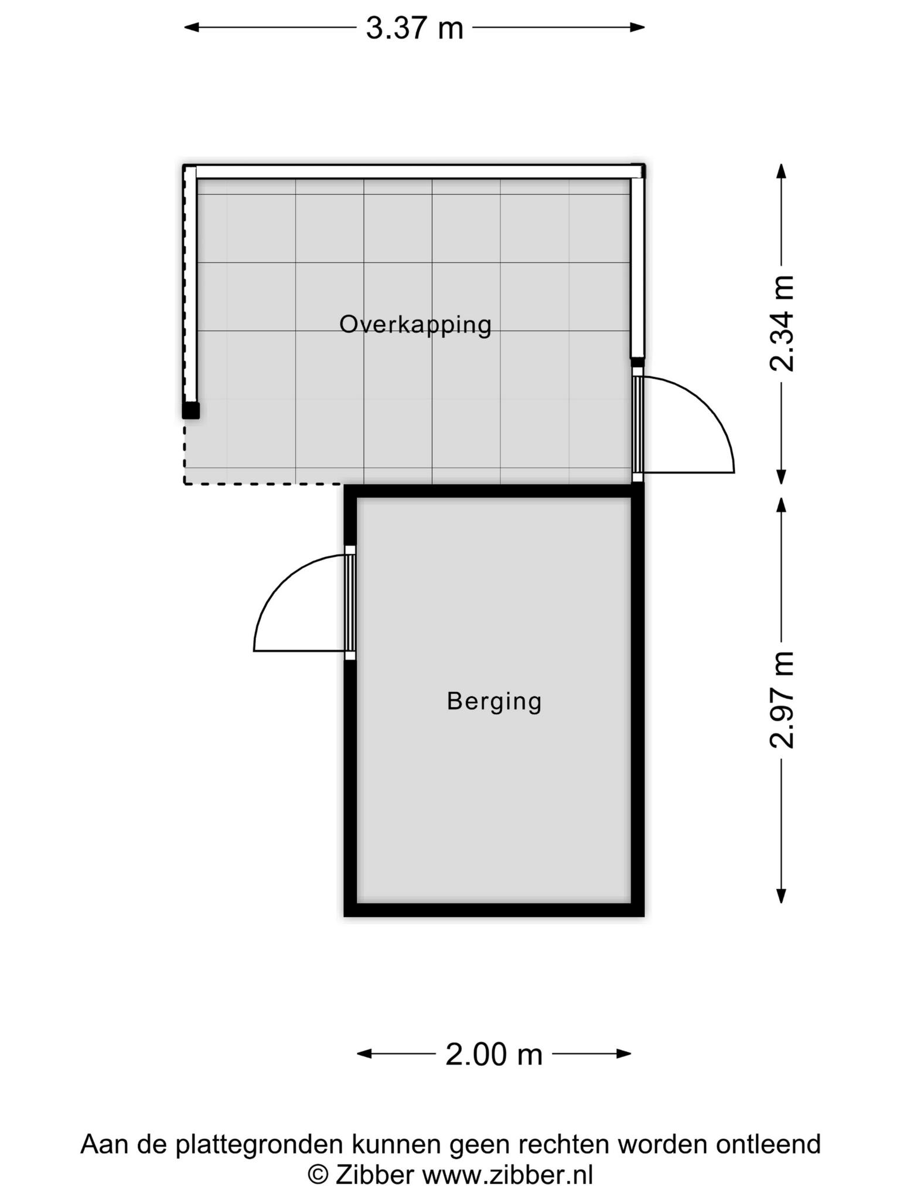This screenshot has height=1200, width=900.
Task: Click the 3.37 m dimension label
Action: [x=414, y=28]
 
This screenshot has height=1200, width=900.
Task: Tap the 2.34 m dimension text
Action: [x=782, y=323]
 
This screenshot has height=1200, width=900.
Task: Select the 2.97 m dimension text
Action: [x=782, y=700]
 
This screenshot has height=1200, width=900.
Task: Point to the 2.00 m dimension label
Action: [x=494, y=1055]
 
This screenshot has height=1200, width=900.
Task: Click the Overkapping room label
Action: [x=415, y=325]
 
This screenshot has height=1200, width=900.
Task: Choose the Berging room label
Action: [x=494, y=701]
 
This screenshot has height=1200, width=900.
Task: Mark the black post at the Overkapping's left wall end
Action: [x=190, y=410]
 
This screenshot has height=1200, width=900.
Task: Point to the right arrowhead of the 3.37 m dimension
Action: [x=637, y=27]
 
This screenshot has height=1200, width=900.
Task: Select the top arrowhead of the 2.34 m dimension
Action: [x=781, y=171]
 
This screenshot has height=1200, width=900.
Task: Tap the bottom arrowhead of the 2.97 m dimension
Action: [x=781, y=895]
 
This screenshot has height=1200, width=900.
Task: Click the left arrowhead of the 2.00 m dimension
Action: [x=365, y=1054]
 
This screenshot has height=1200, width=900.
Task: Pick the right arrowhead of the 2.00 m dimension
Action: [x=623, y=1054]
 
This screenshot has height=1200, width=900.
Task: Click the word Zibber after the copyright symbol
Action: [x=374, y=1175]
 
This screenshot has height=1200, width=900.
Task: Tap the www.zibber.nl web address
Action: [x=508, y=1175]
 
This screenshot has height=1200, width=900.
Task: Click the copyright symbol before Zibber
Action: [x=318, y=1175]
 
